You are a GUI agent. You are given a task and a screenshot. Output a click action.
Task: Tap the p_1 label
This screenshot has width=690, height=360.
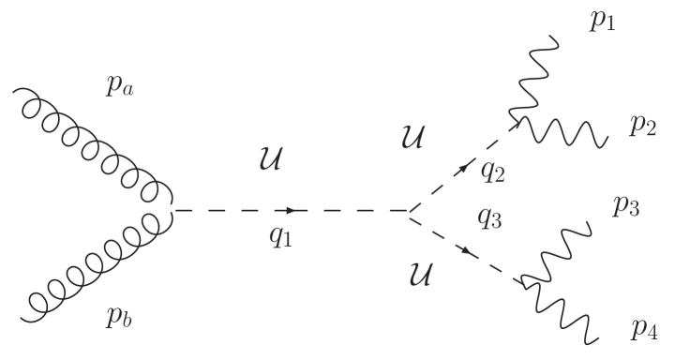coord(602,22)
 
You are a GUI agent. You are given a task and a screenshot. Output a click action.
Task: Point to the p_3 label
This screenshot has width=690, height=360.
coord(625,207)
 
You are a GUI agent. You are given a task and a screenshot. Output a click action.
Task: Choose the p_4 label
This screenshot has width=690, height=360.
coord(644,329)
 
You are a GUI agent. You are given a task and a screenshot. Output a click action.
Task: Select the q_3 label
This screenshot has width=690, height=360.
coord(489,219)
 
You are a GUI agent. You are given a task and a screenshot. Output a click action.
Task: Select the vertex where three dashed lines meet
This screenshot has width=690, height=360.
coord(409,210)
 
